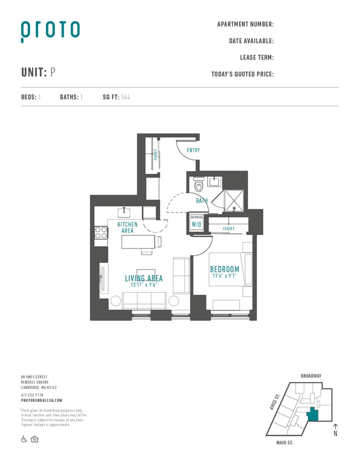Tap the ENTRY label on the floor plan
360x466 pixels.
tap(193, 150)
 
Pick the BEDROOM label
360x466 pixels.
tap(225, 269)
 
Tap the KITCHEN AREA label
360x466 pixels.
tap(128, 227)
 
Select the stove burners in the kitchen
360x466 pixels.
tap(101, 232)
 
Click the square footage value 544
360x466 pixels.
tap(125, 97)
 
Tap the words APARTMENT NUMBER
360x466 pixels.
tap(245, 24)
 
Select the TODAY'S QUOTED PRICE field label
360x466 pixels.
tap(242, 74)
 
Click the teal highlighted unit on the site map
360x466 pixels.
tap(313, 414)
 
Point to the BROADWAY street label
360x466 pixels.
tap(311, 376)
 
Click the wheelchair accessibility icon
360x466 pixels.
tap(24, 439)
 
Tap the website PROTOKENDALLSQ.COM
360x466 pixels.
tap(41, 400)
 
